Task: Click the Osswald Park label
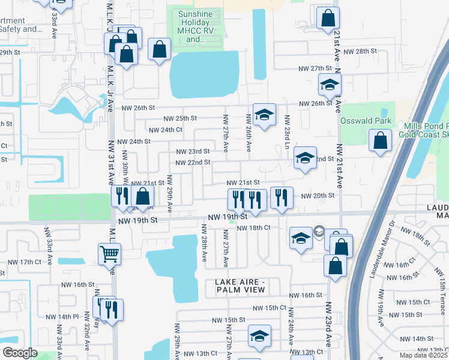[366, 121]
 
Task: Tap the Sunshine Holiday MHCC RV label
[200, 27]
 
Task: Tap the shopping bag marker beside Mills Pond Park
[381, 142]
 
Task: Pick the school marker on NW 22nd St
[305, 158]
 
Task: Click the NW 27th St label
[316, 69]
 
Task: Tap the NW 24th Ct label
[165, 130]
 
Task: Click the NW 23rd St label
[192, 151]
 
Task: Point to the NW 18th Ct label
[254, 228]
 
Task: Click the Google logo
[20, 353]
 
